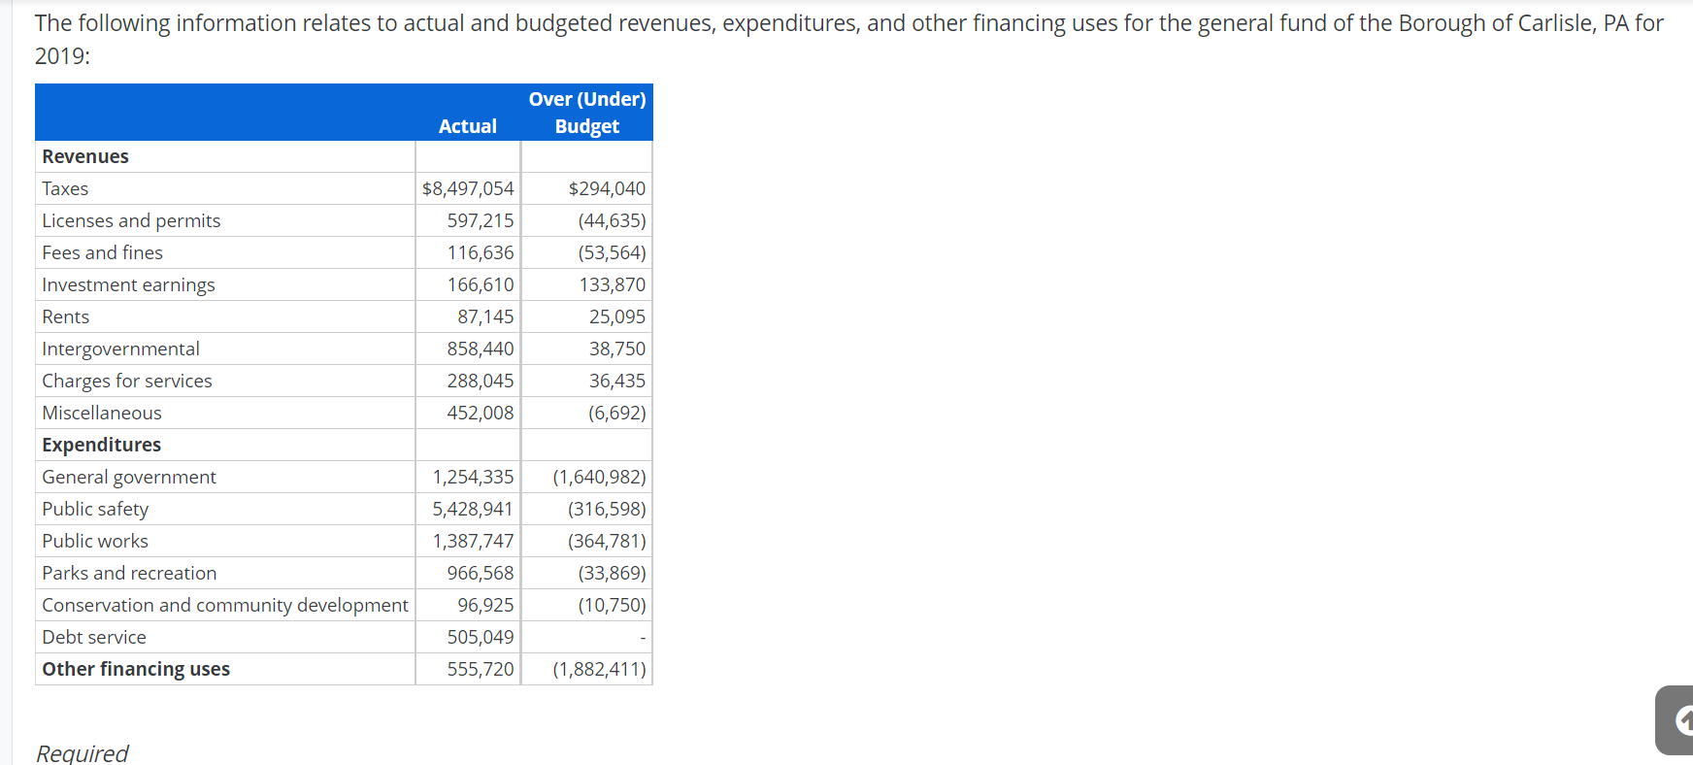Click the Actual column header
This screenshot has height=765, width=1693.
[467, 126]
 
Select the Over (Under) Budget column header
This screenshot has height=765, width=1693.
[586, 113]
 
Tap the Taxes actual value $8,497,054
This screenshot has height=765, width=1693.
[467, 188]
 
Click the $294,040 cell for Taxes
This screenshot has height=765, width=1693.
[606, 188]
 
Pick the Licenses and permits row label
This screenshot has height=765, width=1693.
[131, 220]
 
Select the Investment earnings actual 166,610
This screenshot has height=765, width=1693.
[480, 284]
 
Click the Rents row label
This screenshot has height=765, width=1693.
[66, 316]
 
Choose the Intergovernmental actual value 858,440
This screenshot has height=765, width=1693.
[480, 349]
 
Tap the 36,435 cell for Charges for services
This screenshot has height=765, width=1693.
[616, 381]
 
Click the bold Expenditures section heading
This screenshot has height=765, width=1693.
[102, 445]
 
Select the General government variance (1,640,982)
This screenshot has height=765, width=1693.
[599, 477]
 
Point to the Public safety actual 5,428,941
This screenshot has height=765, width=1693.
[473, 509]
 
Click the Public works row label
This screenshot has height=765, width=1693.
[95, 541]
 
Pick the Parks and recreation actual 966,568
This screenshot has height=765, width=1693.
[480, 573]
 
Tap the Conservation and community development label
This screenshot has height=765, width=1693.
[225, 605]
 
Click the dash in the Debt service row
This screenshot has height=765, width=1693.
[643, 638]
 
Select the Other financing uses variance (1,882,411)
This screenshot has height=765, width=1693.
[599, 669]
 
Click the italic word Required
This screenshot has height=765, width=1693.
[83, 753]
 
